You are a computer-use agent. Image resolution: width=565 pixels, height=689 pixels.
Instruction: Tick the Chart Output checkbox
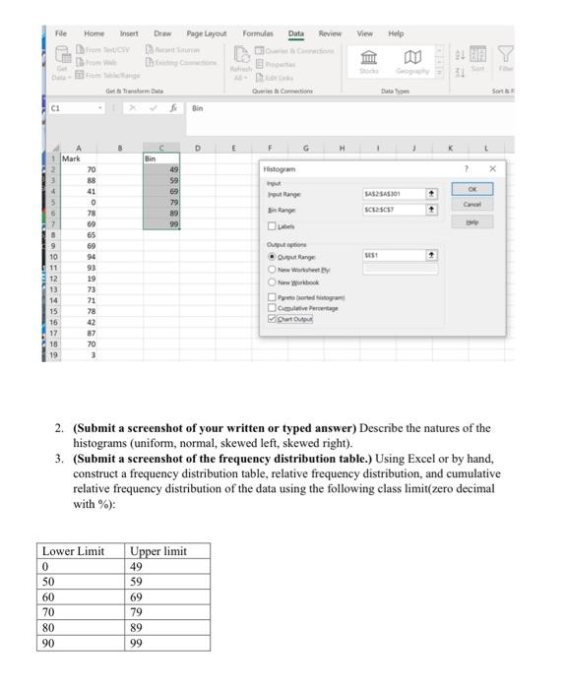pyautogui.click(x=271, y=318)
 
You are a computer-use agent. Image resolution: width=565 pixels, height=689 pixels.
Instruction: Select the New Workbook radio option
pyautogui.click(x=271, y=281)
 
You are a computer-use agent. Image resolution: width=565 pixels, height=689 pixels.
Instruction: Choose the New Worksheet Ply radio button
pyautogui.click(x=271, y=268)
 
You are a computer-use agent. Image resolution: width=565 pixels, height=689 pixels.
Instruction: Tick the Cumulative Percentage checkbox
pyautogui.click(x=271, y=307)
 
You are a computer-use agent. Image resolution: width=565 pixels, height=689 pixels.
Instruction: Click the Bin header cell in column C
pyautogui.click(x=161, y=157)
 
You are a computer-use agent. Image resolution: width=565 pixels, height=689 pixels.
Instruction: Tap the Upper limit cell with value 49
pyautogui.click(x=167, y=566)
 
